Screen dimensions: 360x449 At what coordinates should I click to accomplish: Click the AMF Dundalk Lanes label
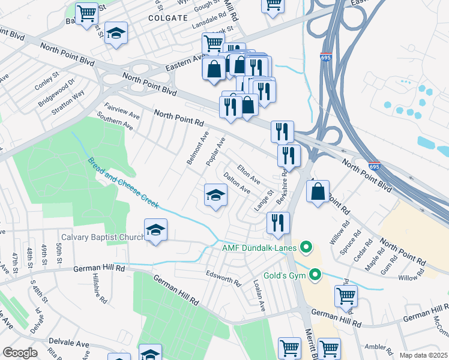point(259,247)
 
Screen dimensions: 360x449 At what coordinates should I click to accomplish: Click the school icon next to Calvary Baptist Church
point(155,230)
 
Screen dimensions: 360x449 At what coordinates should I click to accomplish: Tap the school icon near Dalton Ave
point(215,196)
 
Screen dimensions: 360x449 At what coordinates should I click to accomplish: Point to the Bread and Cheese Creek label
point(123,183)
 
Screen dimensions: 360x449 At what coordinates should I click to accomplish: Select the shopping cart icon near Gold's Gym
point(346,295)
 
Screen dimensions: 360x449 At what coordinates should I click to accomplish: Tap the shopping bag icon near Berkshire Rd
point(318,192)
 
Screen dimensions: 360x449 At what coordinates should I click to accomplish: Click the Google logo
point(20,352)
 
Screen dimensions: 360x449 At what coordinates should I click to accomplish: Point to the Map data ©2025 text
point(423,355)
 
